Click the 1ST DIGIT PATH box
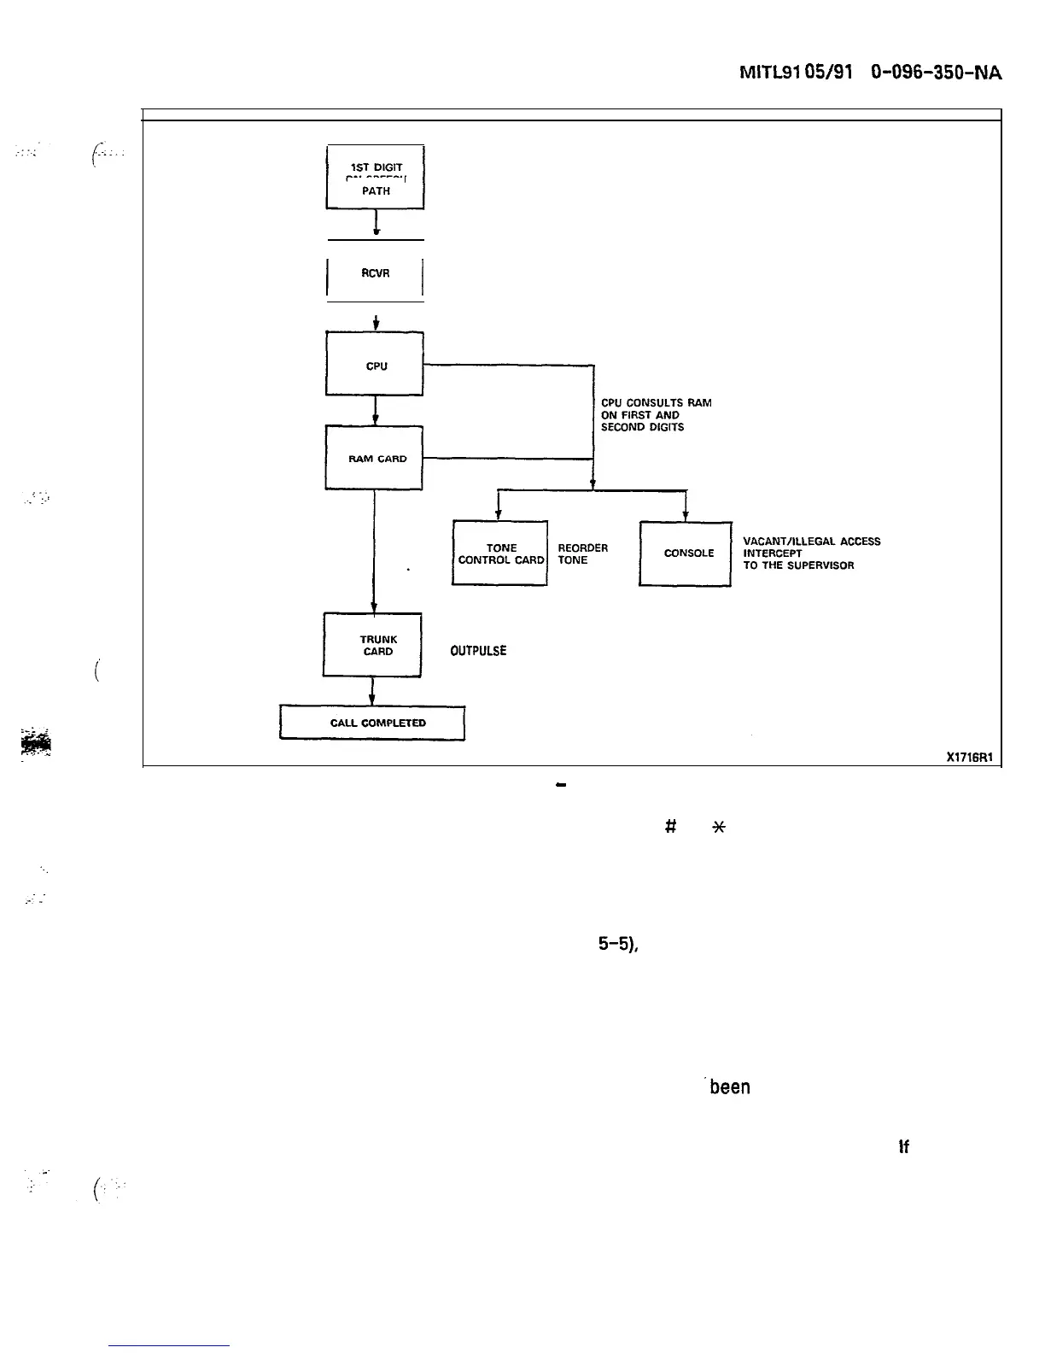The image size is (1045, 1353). (x=376, y=179)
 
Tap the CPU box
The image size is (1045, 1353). (x=376, y=366)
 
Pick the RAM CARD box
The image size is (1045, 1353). (x=376, y=459)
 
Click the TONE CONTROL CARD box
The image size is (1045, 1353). (x=500, y=553)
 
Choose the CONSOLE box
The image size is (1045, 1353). (x=686, y=553)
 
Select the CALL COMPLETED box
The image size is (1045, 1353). (x=373, y=723)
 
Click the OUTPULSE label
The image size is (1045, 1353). (x=478, y=651)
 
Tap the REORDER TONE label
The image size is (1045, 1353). (x=582, y=553)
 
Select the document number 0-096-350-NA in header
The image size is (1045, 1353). (x=934, y=74)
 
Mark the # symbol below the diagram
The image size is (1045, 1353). (x=671, y=826)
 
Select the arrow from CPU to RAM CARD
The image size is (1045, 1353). (x=376, y=411)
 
